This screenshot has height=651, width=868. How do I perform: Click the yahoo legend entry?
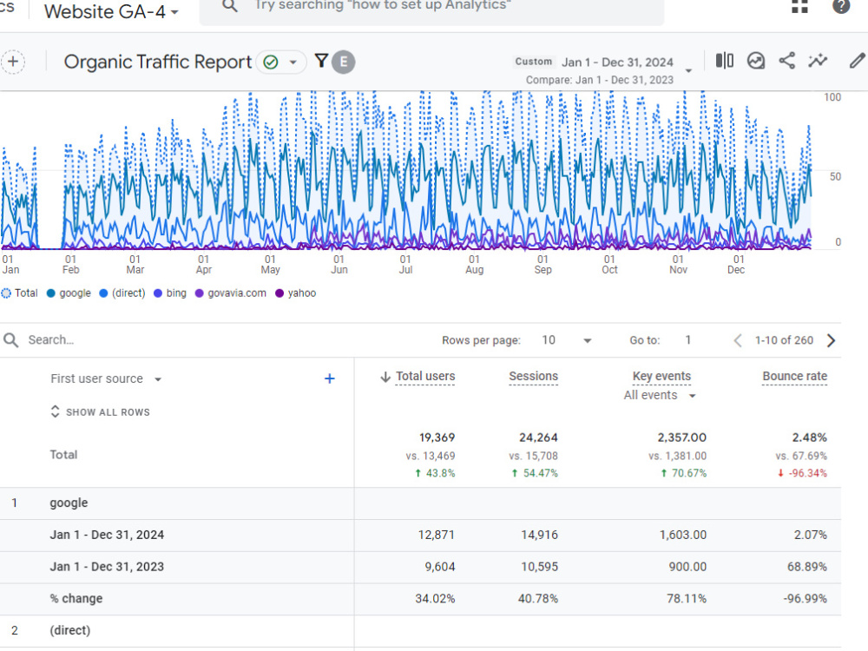point(296,293)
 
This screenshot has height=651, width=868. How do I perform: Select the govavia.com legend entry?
point(230,293)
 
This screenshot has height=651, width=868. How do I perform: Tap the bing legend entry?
point(170,293)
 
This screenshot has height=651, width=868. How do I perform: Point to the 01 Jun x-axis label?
point(339,264)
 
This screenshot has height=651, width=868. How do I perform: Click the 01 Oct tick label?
point(609,264)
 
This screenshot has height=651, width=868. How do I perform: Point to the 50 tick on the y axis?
point(835,176)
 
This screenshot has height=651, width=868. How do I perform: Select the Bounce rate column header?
point(794,377)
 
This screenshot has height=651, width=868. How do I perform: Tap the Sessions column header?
point(533,377)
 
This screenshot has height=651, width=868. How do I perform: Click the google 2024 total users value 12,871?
point(437,535)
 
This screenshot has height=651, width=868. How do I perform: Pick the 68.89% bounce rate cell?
point(807,567)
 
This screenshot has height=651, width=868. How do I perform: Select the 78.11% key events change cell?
point(687,598)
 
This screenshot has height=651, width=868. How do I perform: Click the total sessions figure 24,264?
point(538,437)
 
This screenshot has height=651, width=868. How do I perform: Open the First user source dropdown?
point(106,378)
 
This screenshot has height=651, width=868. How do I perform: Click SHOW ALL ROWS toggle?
point(100,411)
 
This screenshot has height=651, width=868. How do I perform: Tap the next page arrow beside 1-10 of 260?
point(831,340)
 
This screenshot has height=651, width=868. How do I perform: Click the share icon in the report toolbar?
point(786,61)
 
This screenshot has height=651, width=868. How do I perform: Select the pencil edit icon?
point(857,61)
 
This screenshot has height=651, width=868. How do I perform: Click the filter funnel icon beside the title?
point(321,61)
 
